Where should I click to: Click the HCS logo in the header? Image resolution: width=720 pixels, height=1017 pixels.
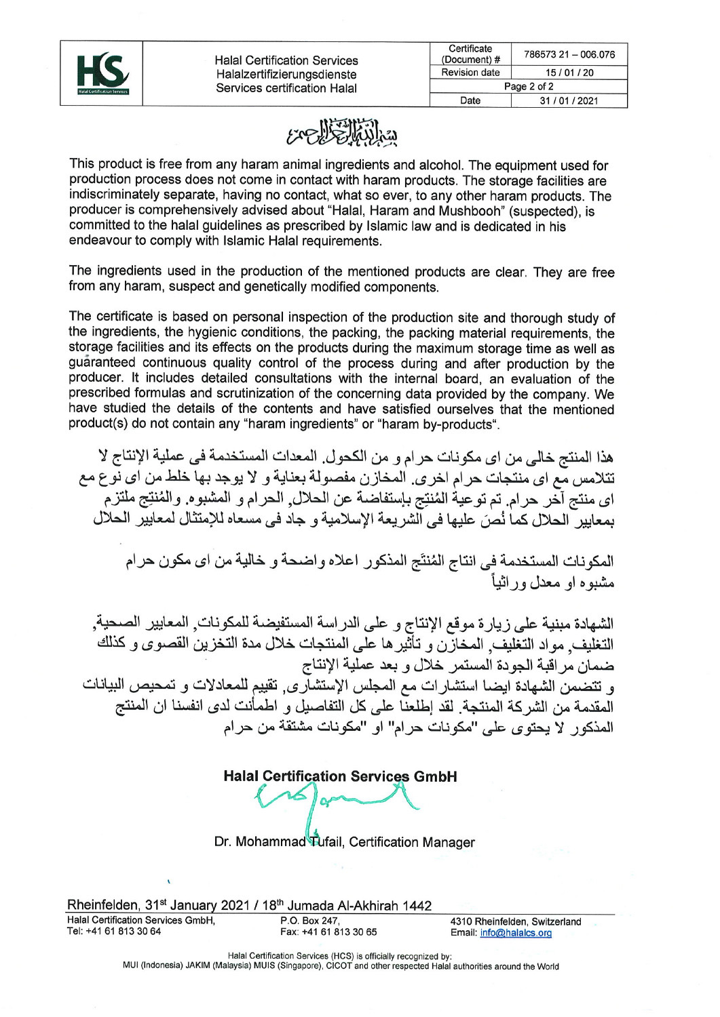click(102, 73)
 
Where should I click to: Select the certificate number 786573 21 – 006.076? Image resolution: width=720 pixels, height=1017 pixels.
click(569, 54)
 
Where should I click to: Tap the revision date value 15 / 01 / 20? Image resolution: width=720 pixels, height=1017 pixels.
click(569, 73)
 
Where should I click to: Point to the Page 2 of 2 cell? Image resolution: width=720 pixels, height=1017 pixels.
click(528, 87)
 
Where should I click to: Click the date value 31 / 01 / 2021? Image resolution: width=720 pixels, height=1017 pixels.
click(569, 101)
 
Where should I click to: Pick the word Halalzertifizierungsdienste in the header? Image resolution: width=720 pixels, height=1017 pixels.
click(286, 75)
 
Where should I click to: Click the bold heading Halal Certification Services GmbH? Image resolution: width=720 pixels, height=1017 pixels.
click(340, 777)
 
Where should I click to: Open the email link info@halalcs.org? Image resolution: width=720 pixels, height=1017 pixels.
click(516, 933)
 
